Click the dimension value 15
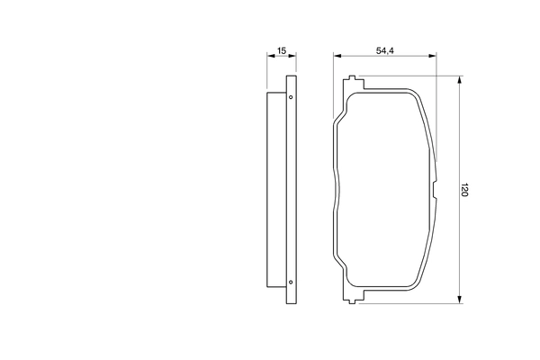click(282, 50)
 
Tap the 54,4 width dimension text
click(384, 50)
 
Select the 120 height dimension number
click(464, 190)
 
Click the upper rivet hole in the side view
click(291, 97)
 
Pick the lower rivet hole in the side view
click(291, 282)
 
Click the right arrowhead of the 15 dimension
click(292, 56)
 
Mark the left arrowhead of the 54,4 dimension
click(337, 56)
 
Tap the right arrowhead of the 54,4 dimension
click(432, 56)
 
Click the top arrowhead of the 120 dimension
click(459, 80)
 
